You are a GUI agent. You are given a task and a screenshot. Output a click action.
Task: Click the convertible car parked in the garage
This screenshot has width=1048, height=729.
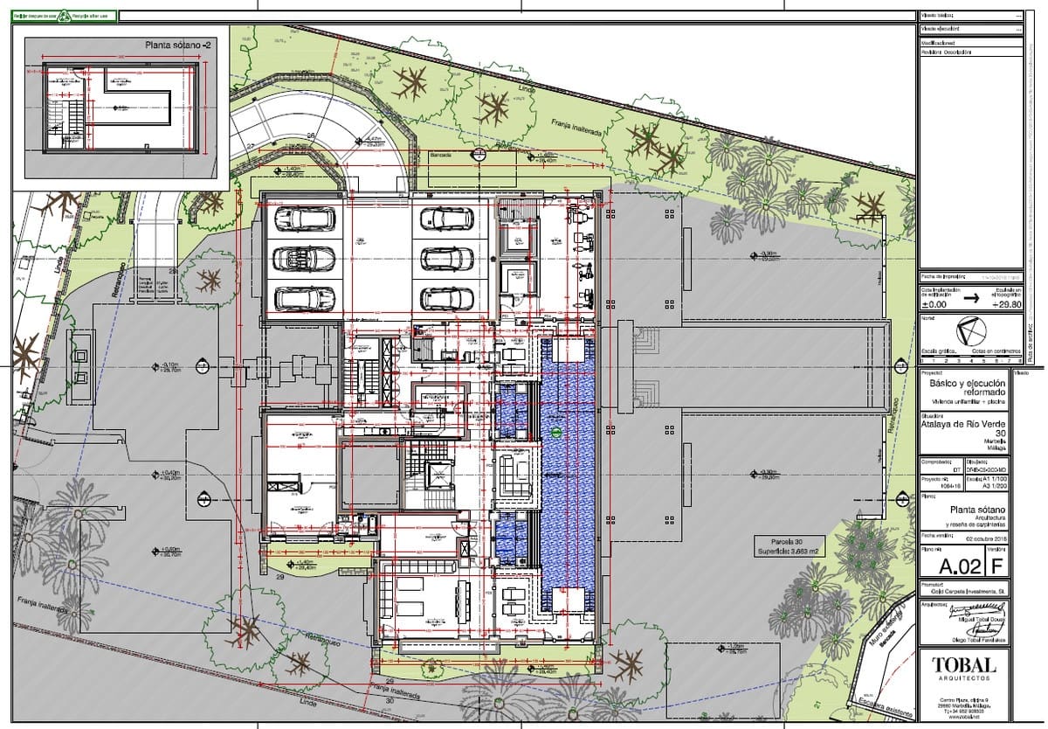point(303,258)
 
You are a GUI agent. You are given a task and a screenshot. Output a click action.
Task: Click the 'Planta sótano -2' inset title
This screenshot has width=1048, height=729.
point(179,44)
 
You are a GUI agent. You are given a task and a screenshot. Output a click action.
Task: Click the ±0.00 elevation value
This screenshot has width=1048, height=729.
point(934,305)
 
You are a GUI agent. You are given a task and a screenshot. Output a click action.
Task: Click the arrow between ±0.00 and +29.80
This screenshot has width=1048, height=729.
point(970,297)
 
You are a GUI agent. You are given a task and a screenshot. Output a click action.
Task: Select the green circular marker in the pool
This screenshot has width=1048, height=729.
point(556,432)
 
